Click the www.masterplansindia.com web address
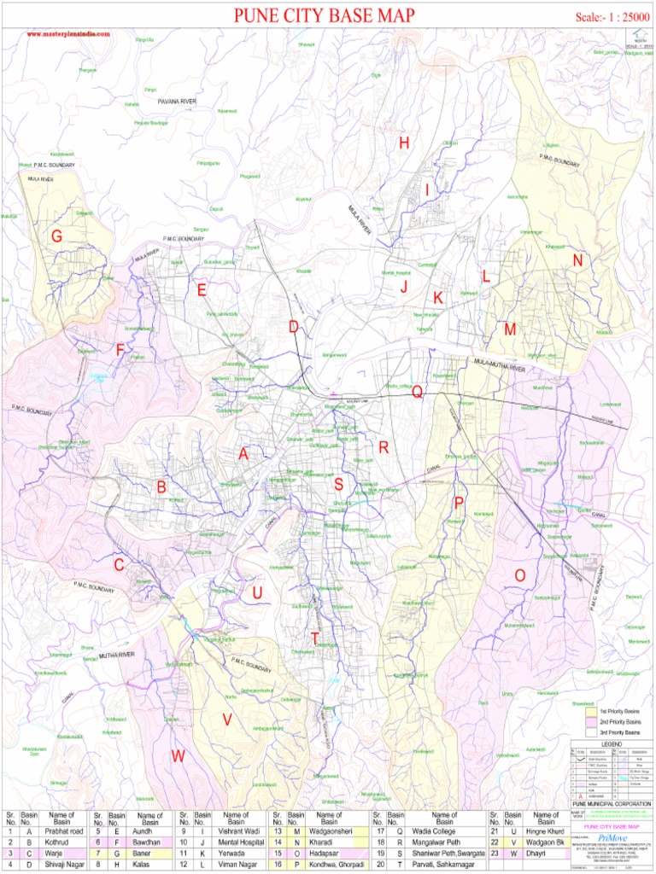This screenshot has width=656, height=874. (x=68, y=33)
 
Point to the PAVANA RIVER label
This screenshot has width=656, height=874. (x=177, y=101)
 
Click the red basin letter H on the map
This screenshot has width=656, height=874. (x=404, y=143)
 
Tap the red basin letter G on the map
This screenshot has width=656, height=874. (x=56, y=236)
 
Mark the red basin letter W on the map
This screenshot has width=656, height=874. (x=178, y=755)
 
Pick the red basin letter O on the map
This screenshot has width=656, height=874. (x=519, y=576)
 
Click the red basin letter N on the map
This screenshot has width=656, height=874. (x=578, y=260)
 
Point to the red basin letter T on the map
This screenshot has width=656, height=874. (x=315, y=638)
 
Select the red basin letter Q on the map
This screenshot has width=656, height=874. (x=417, y=392)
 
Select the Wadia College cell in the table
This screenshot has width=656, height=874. (x=435, y=830)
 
